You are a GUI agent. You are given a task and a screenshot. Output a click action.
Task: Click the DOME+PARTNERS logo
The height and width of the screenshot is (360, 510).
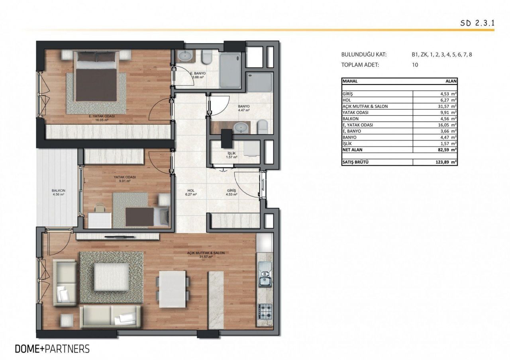tap(52, 349)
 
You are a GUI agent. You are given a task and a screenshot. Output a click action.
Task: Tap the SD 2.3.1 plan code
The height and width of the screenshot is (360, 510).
tap(477, 23)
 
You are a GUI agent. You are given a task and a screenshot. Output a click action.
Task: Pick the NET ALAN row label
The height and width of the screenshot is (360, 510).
tap(352, 150)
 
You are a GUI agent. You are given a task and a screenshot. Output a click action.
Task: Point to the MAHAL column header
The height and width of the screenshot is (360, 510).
tap(350, 81)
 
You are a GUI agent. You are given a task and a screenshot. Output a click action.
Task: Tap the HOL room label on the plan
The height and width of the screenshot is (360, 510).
tap(191, 191)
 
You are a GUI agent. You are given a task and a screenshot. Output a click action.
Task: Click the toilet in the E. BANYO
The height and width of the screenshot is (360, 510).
tap(207, 57)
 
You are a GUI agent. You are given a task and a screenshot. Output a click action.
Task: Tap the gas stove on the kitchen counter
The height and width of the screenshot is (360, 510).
tap(265, 311)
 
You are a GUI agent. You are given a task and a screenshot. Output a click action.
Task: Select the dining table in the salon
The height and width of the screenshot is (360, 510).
tap(173, 289)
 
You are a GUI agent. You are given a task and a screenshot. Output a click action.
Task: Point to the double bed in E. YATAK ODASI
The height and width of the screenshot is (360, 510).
tap(96, 76)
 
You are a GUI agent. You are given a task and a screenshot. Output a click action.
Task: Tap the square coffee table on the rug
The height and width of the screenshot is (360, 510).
tap(111, 277)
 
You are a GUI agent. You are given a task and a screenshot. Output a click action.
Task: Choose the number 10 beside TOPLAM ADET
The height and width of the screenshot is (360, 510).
tap(415, 65)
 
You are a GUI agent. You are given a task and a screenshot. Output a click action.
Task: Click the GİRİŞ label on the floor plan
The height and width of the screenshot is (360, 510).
tap(231, 191)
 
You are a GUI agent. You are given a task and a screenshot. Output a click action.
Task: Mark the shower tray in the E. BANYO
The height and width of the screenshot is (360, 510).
tap(230, 70)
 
